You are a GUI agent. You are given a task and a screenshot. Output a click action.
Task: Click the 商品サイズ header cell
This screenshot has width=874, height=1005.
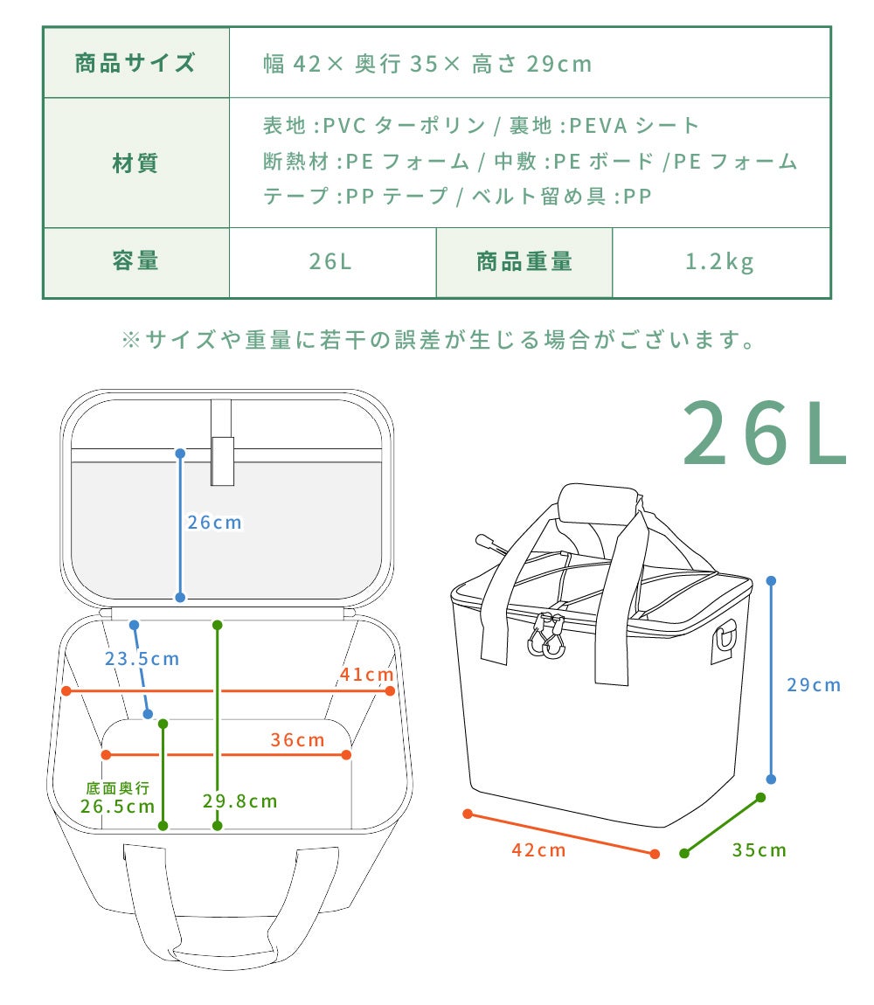pos(135,63)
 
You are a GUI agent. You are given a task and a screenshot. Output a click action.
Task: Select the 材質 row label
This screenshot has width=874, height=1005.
pos(135,163)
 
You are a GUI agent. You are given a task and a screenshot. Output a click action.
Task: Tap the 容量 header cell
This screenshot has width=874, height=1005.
pos(135,261)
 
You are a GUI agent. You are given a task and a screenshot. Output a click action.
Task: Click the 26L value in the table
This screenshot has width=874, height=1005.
pos(331,261)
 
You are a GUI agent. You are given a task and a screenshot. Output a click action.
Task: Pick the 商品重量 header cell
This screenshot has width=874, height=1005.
pos(524,261)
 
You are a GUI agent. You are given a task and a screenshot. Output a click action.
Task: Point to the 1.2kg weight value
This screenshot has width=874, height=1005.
pos(719,261)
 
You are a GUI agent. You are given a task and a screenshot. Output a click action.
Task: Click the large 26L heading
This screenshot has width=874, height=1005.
pos(765,433)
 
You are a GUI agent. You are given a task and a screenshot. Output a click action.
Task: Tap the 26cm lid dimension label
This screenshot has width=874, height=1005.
pos(214,523)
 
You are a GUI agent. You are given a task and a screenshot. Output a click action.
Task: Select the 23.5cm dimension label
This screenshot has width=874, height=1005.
pos(142,658)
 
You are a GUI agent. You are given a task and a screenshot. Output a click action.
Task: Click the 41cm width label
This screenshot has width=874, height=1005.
pos(367,675)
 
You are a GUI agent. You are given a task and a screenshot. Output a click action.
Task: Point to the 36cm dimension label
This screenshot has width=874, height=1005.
pos(297,739)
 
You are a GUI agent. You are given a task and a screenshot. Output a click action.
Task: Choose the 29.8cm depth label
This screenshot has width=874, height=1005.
pos(239,801)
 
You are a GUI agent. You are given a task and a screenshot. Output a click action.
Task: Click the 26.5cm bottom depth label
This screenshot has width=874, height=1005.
pos(118,806)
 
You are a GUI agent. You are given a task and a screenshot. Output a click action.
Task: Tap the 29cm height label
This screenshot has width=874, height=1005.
pos(814,685)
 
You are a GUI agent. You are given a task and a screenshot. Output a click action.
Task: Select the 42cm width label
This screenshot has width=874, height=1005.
pos(538,850)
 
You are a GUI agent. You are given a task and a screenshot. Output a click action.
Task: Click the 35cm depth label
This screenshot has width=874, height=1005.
pos(760,850)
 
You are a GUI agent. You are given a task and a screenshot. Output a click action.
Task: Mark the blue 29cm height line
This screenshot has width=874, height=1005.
pos(772,680)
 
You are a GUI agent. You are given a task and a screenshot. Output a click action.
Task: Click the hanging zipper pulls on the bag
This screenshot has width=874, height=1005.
pos(546,636)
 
